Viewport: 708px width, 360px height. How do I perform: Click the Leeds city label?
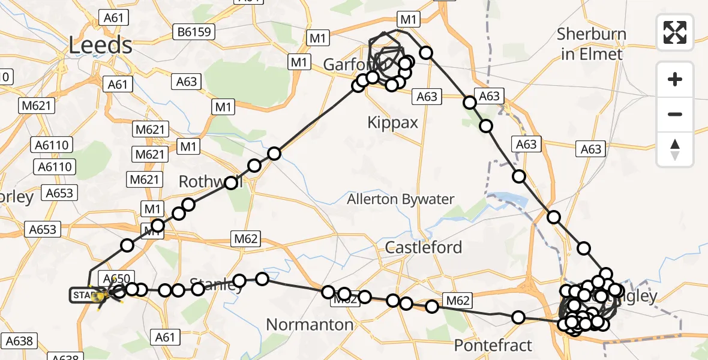click(x=100, y=45)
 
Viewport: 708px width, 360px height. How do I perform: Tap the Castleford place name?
click(x=424, y=247)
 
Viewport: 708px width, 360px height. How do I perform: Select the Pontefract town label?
click(x=493, y=346)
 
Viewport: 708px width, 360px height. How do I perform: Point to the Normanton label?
click(x=310, y=325)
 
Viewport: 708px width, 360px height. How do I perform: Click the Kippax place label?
click(x=392, y=122)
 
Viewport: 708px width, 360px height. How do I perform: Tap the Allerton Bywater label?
click(x=401, y=199)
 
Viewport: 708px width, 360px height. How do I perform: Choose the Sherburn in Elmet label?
click(x=591, y=44)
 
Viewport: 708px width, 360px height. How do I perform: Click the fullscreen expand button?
click(x=675, y=32)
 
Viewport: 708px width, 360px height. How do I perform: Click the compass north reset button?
click(x=675, y=149)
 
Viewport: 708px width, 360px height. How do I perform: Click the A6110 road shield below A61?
click(x=54, y=145)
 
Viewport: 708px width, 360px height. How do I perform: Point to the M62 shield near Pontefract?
click(x=457, y=299)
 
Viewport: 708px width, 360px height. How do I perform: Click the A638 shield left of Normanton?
click(x=17, y=341)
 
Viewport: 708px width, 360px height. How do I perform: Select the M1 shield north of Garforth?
click(x=408, y=20)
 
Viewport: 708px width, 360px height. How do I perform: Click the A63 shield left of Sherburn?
click(x=591, y=149)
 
